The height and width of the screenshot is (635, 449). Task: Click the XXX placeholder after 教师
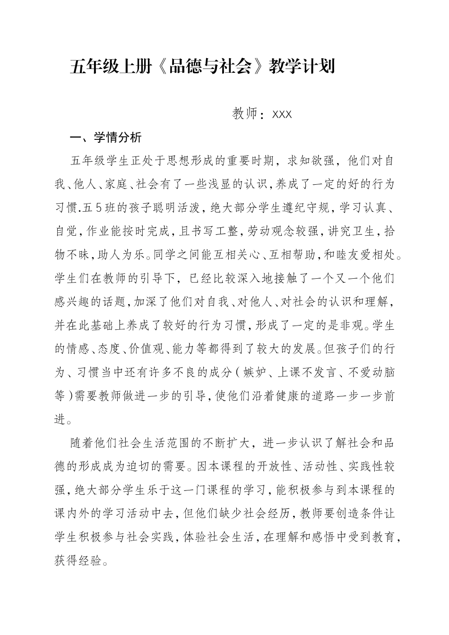click(x=282, y=114)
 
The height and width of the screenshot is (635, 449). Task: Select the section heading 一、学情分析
click(x=105, y=138)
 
